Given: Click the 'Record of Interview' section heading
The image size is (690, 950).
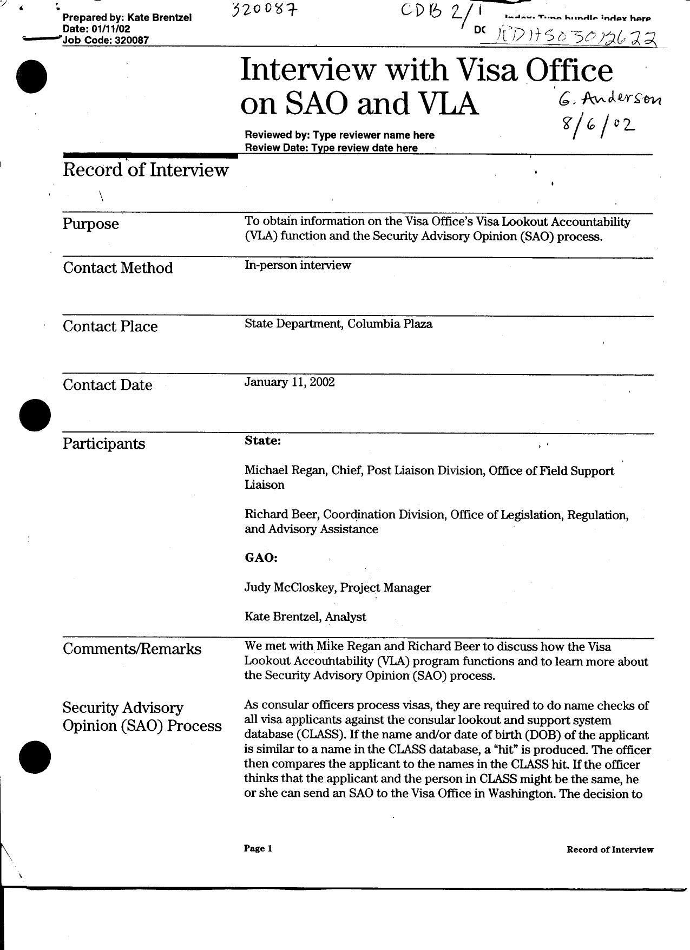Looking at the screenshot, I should [x=146, y=170].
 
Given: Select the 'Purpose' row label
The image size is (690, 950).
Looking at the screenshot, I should [x=90, y=224].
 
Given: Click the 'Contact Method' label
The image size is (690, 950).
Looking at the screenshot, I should [x=118, y=268].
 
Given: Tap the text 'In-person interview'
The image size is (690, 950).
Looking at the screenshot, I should [x=298, y=265].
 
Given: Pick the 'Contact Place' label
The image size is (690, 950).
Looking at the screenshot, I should [x=110, y=326].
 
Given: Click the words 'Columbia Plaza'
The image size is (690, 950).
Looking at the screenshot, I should [x=390, y=324].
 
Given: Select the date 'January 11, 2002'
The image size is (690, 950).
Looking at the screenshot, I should [x=290, y=382].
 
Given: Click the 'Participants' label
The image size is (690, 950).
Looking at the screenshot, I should [x=104, y=444].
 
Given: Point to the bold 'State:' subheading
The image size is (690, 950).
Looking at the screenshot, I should [x=262, y=441].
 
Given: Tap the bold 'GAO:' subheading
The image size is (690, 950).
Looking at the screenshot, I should [x=261, y=558].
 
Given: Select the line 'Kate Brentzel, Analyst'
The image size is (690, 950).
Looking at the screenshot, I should [x=305, y=617].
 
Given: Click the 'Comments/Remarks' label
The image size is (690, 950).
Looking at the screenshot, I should [x=132, y=649].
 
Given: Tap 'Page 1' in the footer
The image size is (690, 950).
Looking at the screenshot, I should [x=258, y=848].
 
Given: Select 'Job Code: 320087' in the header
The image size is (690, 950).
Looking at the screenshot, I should [x=106, y=40].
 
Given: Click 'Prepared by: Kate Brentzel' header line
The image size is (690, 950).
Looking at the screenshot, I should [x=127, y=18].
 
